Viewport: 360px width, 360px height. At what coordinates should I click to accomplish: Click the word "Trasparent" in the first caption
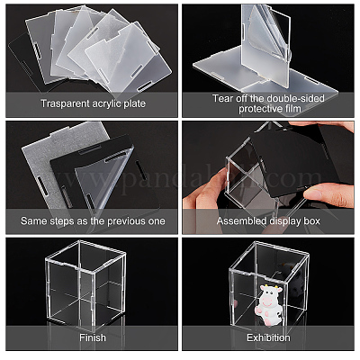tap(65, 103)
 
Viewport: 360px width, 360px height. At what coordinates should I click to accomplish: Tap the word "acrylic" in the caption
tap(106, 103)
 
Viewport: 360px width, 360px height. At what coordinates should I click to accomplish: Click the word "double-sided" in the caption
tap(295, 98)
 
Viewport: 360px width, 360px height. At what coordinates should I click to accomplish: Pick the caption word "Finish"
tap(93, 337)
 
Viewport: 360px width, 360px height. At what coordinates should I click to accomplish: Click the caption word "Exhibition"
tap(268, 337)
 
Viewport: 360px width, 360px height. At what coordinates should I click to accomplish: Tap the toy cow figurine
tap(268, 305)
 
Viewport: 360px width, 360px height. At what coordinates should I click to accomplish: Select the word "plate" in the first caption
tap(135, 104)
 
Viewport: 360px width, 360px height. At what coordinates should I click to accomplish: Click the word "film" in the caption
tap(293, 109)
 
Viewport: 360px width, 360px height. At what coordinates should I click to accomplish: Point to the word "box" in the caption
tap(312, 221)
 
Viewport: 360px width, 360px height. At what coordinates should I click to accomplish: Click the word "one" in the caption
tap(157, 221)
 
